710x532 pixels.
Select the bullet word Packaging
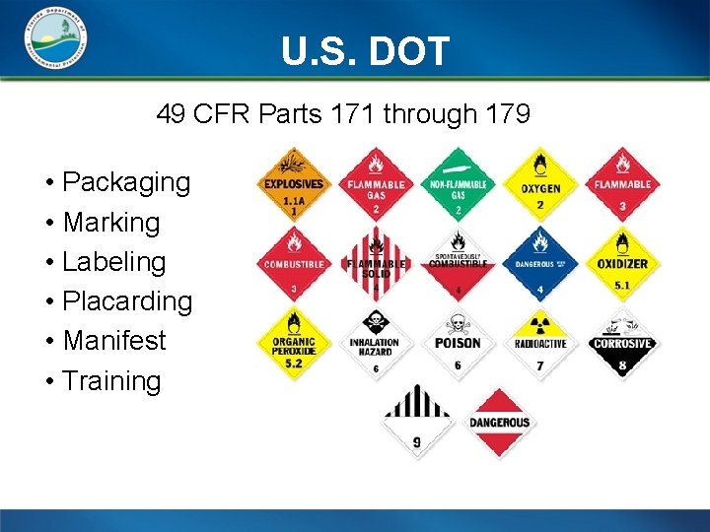(x=126, y=182)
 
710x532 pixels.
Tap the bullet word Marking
(x=110, y=223)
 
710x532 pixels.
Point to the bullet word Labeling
(x=113, y=262)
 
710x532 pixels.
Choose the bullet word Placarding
(x=127, y=301)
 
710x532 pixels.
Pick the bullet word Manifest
(x=114, y=341)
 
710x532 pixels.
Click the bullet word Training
(x=111, y=381)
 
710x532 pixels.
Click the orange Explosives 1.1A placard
(x=293, y=184)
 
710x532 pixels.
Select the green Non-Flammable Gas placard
(x=458, y=184)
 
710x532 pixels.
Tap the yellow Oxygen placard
(x=540, y=184)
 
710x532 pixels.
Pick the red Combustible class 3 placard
(x=293, y=264)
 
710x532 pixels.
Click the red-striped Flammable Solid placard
(x=375, y=264)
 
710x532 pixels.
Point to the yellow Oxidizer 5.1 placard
(x=622, y=264)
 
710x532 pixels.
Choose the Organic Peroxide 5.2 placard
(x=293, y=344)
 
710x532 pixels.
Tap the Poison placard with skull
(x=458, y=344)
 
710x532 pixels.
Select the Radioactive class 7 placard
(x=540, y=344)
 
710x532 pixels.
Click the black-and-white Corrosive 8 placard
(x=622, y=344)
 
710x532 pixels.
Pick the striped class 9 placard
(x=417, y=423)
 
